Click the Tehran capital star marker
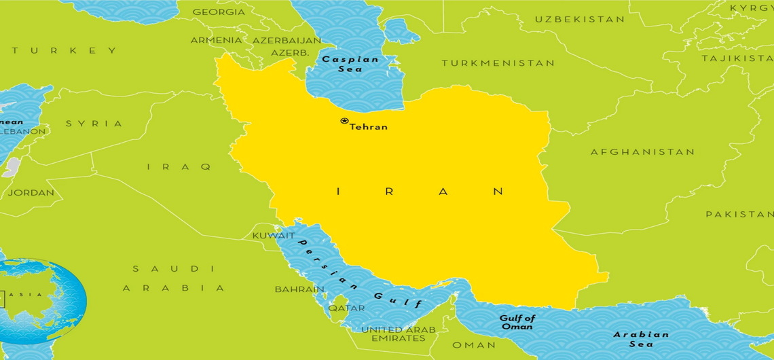click(x=344, y=122)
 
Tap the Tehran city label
click(x=369, y=127)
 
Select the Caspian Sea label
click(x=350, y=64)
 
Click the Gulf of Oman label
click(x=517, y=322)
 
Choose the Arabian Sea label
click(x=640, y=339)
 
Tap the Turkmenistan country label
click(x=498, y=63)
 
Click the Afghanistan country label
click(x=642, y=152)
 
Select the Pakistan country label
click(x=739, y=214)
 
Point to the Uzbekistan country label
click(x=579, y=19)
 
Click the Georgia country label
click(x=219, y=12)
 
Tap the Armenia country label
click(x=216, y=40)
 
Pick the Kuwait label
click(x=274, y=236)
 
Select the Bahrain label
click(x=299, y=289)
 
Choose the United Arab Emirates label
click(x=398, y=334)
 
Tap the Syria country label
click(x=94, y=124)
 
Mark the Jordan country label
click(x=31, y=192)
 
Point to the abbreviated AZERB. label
click(x=290, y=52)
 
